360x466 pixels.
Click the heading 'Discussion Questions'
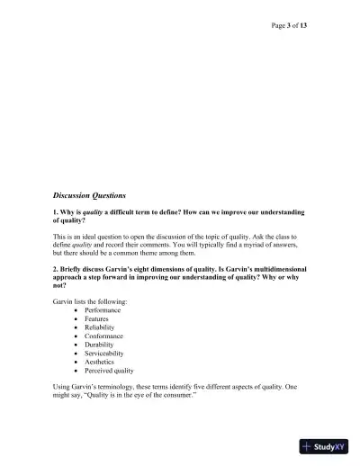pyautogui.click(x=90, y=194)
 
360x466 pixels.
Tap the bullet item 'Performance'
pyautogui.click(x=103, y=310)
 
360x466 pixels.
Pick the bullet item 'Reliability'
pyautogui.click(x=100, y=327)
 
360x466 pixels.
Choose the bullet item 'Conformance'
pyautogui.click(x=104, y=336)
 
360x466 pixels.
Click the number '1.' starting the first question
pyautogui.click(x=56, y=212)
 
